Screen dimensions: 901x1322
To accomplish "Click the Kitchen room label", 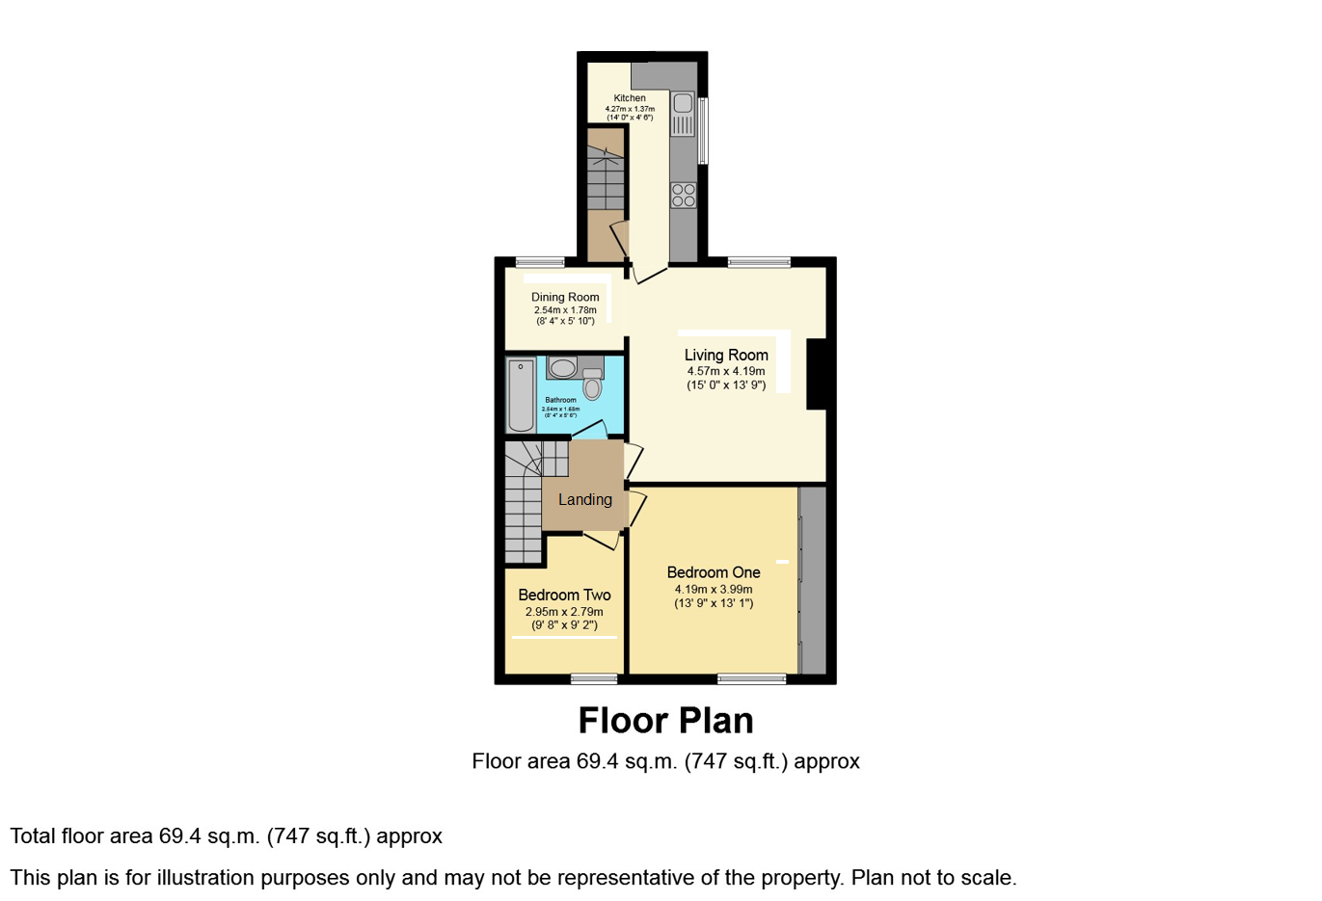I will [630, 98].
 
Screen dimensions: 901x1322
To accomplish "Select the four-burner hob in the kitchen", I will [684, 195].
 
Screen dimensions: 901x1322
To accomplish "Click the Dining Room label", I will [565, 297].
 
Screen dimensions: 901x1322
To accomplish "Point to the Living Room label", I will [726, 355].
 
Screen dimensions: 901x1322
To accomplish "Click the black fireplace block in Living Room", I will [817, 374].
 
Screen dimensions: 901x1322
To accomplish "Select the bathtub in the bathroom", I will [521, 395].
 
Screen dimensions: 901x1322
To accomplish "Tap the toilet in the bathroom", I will [592, 384].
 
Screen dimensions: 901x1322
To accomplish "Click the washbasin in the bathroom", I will [562, 367].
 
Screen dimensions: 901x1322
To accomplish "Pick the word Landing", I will [584, 499].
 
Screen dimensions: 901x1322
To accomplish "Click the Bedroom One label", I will [714, 572].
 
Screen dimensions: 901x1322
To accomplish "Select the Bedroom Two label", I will [564, 595].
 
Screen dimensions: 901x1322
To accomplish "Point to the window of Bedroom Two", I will [594, 679].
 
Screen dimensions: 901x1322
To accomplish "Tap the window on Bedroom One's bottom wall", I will [751, 679].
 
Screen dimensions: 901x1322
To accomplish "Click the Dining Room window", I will [540, 262].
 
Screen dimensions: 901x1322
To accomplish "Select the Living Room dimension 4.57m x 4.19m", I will [726, 371].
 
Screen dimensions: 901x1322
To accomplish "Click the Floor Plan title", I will [665, 721].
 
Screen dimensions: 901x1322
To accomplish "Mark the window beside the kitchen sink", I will [703, 130].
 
